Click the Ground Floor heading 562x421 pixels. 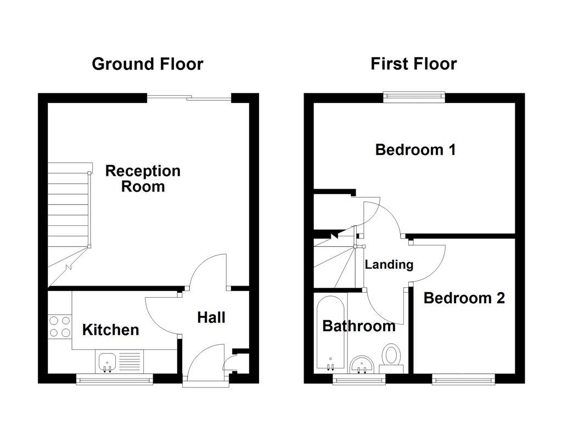(147, 64)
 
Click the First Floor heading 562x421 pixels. (413, 64)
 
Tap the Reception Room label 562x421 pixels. (143, 179)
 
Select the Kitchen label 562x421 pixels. (110, 330)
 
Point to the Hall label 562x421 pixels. (211, 317)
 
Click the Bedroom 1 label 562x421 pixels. (415, 150)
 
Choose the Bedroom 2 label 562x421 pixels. (464, 298)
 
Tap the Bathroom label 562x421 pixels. (358, 326)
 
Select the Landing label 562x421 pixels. (389, 265)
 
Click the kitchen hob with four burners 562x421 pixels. (60, 326)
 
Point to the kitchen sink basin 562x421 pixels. (107, 361)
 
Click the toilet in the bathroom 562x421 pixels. (392, 356)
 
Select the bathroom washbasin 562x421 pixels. (362, 363)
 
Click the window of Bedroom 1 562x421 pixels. (414, 97)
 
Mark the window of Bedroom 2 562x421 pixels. (463, 378)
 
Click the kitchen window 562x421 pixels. (114, 378)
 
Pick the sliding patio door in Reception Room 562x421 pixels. (189, 98)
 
